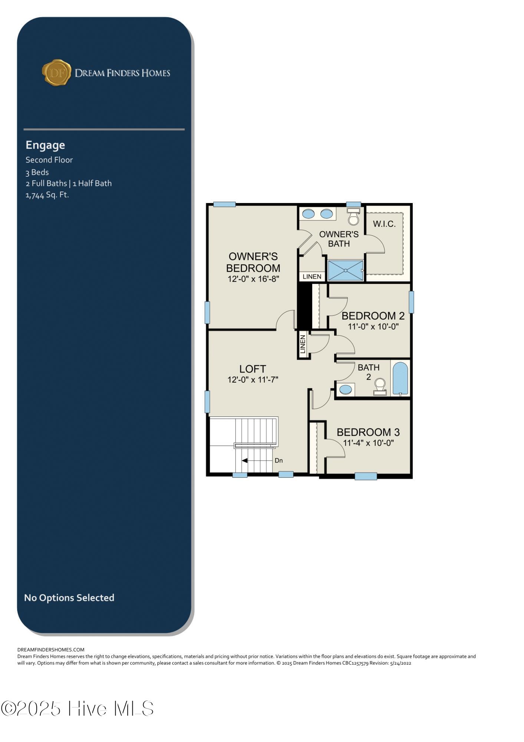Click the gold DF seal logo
point(56,72)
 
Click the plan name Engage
point(45,145)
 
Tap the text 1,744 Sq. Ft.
point(47,195)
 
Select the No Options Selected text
point(69,598)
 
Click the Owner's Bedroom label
point(253,262)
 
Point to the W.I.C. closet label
point(384,224)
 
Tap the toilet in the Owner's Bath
point(354,216)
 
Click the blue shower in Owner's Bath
point(346,270)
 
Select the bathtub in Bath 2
point(401,378)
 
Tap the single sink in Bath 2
point(346,390)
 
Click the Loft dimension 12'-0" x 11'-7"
point(253,379)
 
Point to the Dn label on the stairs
point(279,461)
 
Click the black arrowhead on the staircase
point(245,461)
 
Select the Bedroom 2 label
point(373,316)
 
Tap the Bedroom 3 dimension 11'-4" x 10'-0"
point(369,443)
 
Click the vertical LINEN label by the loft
point(303,344)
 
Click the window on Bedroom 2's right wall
point(411,302)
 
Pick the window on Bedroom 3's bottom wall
point(366,476)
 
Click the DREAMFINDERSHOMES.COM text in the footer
point(51,650)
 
